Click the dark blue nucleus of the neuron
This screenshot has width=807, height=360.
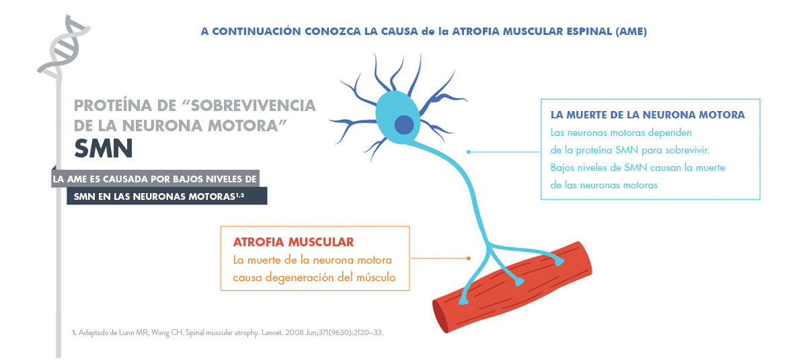404,124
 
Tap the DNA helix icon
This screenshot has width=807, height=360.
63,48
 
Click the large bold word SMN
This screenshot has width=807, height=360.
104,149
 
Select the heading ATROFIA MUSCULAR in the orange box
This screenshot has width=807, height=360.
293,242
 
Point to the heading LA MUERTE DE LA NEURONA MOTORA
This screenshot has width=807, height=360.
648,114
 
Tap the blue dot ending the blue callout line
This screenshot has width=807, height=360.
468,151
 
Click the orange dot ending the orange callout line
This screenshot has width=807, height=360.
468,258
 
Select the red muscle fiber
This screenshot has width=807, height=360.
512,287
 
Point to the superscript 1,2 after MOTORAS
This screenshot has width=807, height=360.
240,195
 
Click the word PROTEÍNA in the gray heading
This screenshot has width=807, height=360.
113,106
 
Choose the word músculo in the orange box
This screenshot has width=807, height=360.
376,277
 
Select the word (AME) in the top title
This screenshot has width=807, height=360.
631,32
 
